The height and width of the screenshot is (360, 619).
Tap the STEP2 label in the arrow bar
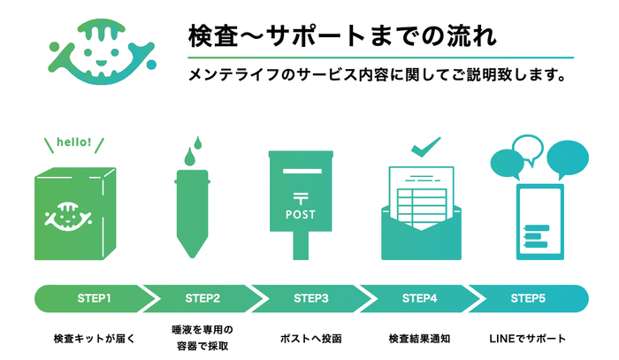click(x=203, y=298)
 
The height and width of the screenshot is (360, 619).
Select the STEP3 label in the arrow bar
click(x=310, y=298)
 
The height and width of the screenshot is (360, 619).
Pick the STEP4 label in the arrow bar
click(x=419, y=298)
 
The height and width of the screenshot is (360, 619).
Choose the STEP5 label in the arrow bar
click(x=528, y=298)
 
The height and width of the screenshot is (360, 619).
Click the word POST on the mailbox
click(x=301, y=214)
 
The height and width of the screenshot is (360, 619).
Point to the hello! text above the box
click(x=73, y=142)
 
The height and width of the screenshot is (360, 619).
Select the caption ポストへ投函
click(x=310, y=338)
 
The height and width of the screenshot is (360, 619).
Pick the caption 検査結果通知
click(x=419, y=338)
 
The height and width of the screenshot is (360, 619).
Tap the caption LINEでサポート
click(x=528, y=338)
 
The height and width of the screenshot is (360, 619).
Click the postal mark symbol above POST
click(x=301, y=196)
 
